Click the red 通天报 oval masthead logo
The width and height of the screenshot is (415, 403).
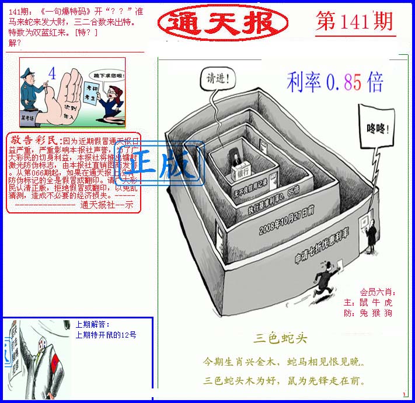click(222, 23)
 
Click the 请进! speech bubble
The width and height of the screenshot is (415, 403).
click(219, 77)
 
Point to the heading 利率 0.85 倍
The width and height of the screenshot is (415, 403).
click(334, 83)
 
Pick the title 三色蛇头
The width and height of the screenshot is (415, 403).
click(280, 338)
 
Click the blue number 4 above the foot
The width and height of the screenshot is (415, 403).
click(53, 74)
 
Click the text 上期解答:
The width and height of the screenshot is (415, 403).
click(92, 324)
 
